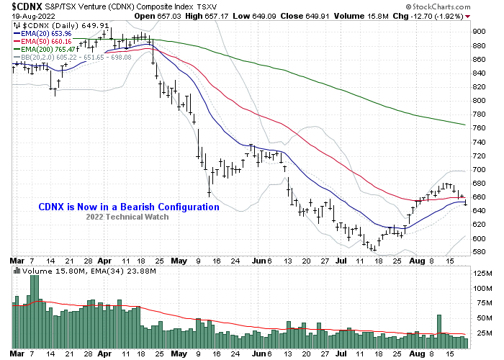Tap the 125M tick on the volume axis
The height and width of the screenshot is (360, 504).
pos(480,274)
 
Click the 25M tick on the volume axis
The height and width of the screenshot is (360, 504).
pos(478,331)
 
